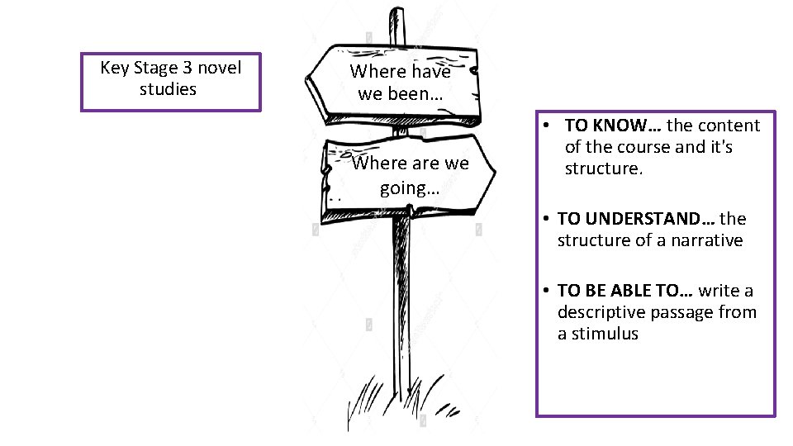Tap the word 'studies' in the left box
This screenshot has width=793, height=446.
coord(169,89)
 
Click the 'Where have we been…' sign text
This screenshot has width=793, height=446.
coord(401,83)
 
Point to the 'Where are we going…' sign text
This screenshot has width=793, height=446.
coord(410,175)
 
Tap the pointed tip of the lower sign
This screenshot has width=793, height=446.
coord(494,172)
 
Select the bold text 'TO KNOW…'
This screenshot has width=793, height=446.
coord(613,126)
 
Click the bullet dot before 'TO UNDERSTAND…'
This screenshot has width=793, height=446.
coord(547,220)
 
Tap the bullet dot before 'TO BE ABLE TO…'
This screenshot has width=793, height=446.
coord(547,292)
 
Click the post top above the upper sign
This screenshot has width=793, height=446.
coord(398,21)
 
